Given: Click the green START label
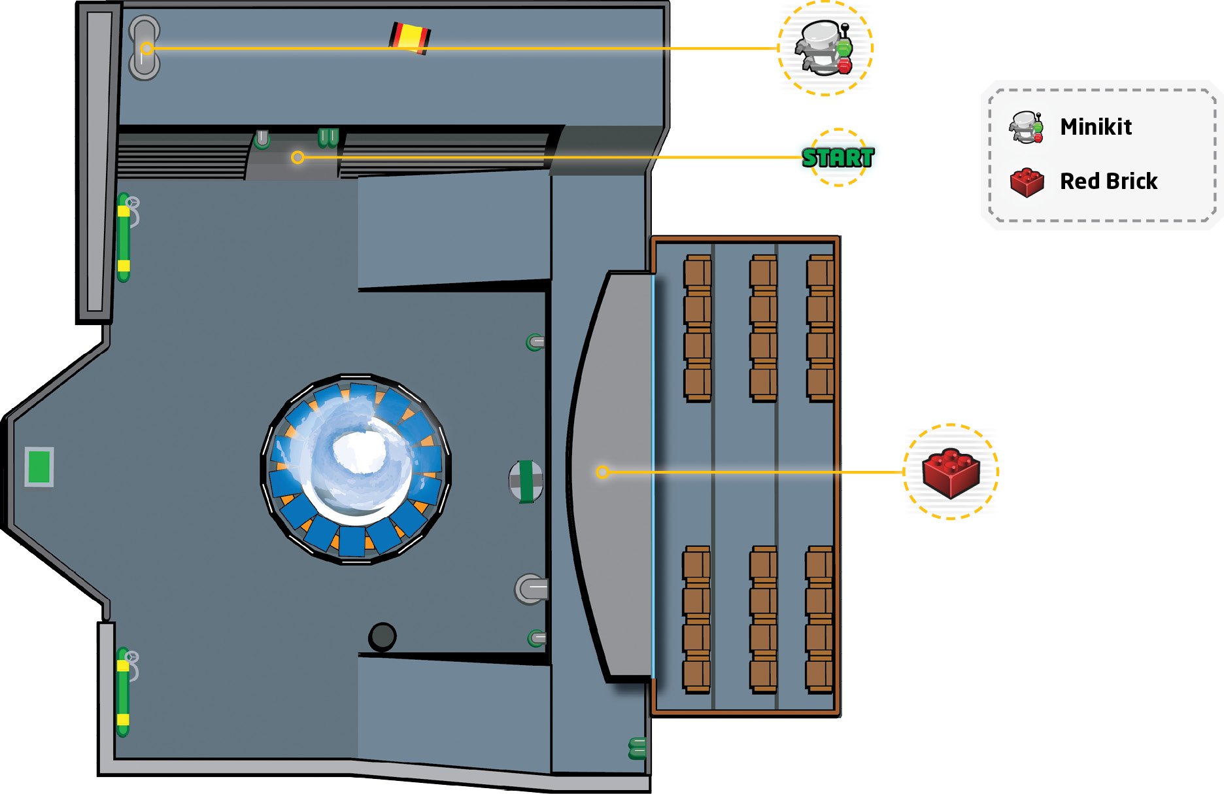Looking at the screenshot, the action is coord(838,158).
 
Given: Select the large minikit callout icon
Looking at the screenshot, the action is coord(824,48).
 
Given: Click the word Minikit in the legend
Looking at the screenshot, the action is coord(1096,126).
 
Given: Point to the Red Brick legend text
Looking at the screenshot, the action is coord(1108,181).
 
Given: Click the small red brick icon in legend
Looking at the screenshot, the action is coord(1027,182).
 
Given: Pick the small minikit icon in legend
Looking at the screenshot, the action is coord(1027,127).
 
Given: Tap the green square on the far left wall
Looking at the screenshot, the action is coord(39,467).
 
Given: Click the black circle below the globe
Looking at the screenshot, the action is coord(382,636).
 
